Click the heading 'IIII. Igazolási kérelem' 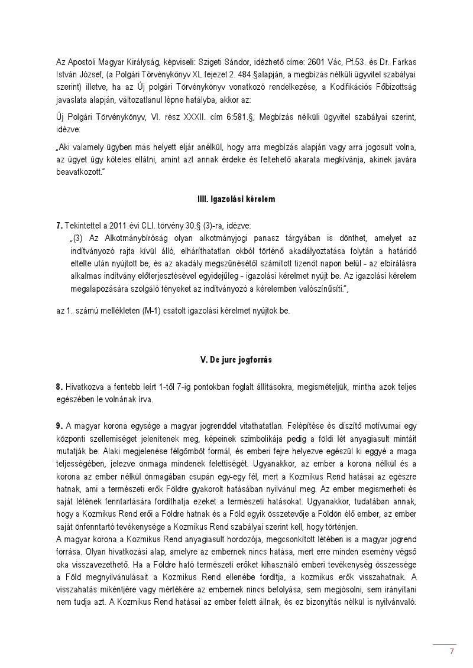pos(236,200)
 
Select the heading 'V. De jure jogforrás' pos(236,360)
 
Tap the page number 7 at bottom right pos(452,651)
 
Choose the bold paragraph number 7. pos(59,226)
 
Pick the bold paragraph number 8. pos(59,387)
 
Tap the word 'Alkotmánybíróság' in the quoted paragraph pos(122,237)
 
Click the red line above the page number pos(444,644)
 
